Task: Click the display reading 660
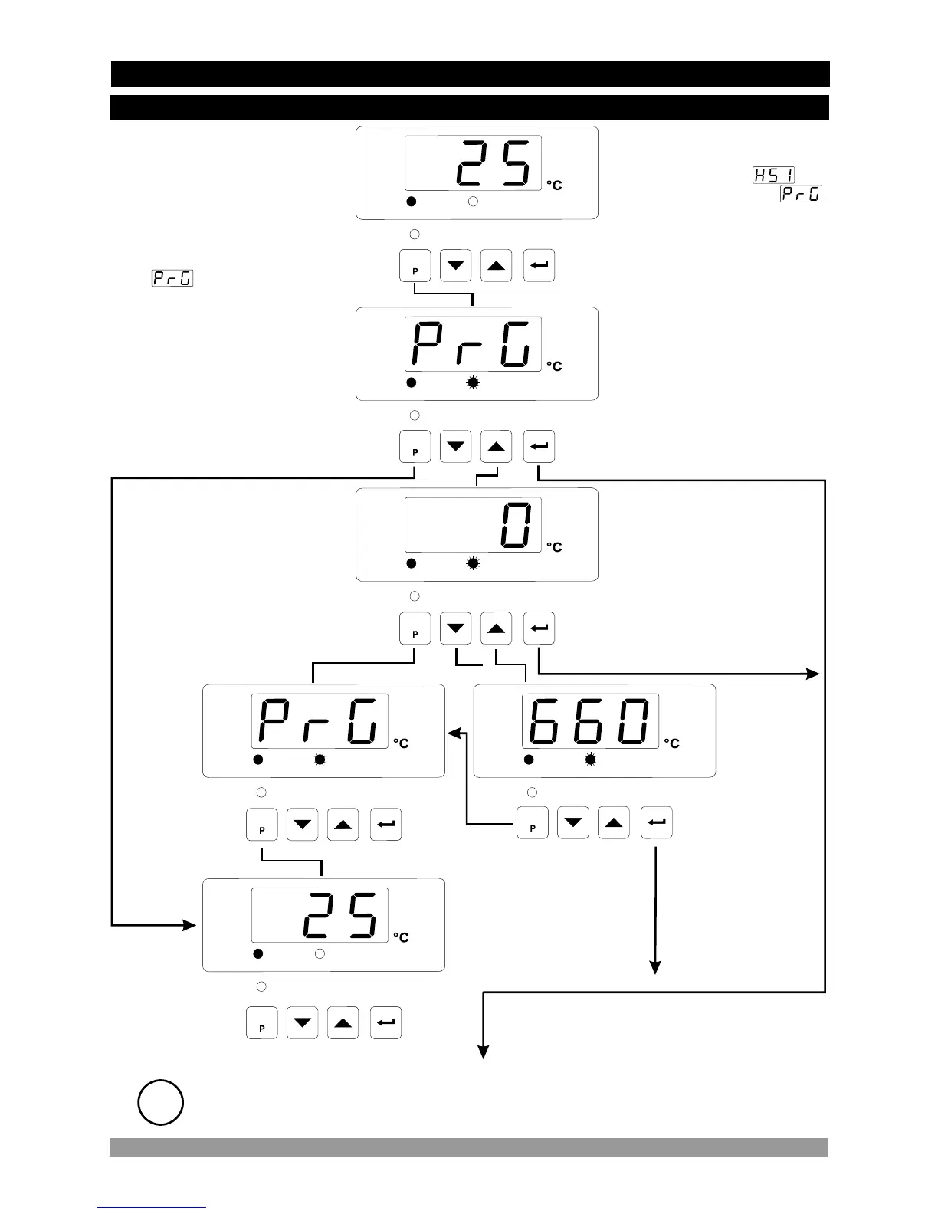click(590, 721)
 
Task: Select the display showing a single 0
click(473, 525)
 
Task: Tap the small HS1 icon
click(772, 176)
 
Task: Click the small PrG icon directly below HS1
click(801, 194)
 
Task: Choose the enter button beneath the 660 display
click(657, 823)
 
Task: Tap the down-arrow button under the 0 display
click(456, 629)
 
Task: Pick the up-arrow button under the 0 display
click(497, 629)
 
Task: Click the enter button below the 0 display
click(539, 629)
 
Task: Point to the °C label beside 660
click(671, 743)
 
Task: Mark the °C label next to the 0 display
click(554, 547)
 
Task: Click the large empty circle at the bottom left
click(160, 1103)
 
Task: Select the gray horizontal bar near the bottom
click(468, 1147)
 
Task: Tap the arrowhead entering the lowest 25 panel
click(191, 926)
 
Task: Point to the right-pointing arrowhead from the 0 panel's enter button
click(814, 674)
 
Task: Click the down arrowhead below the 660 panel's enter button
click(655, 968)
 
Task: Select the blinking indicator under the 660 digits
click(591, 760)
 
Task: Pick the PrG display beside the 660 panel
click(320, 721)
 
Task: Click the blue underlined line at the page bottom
click(151, 1208)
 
